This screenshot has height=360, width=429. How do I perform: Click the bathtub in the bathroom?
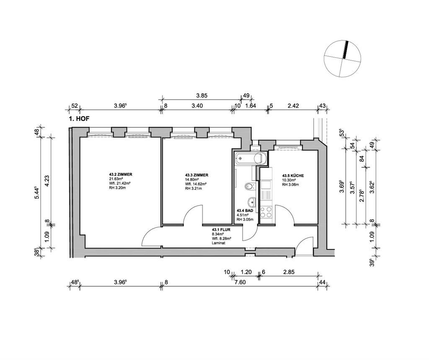[250, 158]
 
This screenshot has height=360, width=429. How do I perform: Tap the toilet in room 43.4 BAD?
[249, 186]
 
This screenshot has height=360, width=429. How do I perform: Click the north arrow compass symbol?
[343, 59]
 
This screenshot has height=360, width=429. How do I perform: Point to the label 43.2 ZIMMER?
[121, 174]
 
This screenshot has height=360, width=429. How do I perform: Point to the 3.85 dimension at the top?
[202, 95]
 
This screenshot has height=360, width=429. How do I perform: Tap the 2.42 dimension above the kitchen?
[293, 106]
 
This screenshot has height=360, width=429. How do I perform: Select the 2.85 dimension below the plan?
[289, 272]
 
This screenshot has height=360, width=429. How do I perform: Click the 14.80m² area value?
[193, 180]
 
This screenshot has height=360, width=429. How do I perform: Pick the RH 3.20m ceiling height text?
[117, 188]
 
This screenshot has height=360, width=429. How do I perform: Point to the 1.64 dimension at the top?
[250, 106]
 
